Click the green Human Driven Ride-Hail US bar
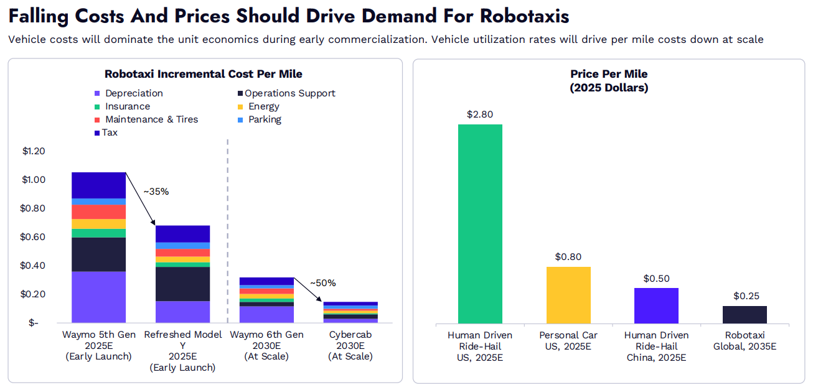pyautogui.click(x=481, y=224)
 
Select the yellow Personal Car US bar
pyautogui.click(x=568, y=295)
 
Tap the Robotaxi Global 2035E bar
pyautogui.click(x=745, y=315)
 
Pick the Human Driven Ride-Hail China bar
pyautogui.click(x=656, y=305)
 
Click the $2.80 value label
pyautogui.click(x=481, y=114)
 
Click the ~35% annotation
pyautogui.click(x=156, y=192)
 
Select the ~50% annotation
pyautogui.click(x=322, y=283)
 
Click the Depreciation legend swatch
pyautogui.click(x=97, y=93)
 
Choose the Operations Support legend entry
pyautogui.click(x=289, y=93)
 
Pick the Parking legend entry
pyautogui.click(x=265, y=119)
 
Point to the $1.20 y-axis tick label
pyautogui.click(x=33, y=151)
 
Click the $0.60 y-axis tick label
pyautogui.click(x=33, y=237)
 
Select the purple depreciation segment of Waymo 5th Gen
pyautogui.click(x=98, y=297)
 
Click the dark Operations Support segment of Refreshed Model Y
pyautogui.click(x=182, y=284)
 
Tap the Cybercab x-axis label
pyautogui.click(x=350, y=345)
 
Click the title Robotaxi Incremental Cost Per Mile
pyautogui.click(x=203, y=74)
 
